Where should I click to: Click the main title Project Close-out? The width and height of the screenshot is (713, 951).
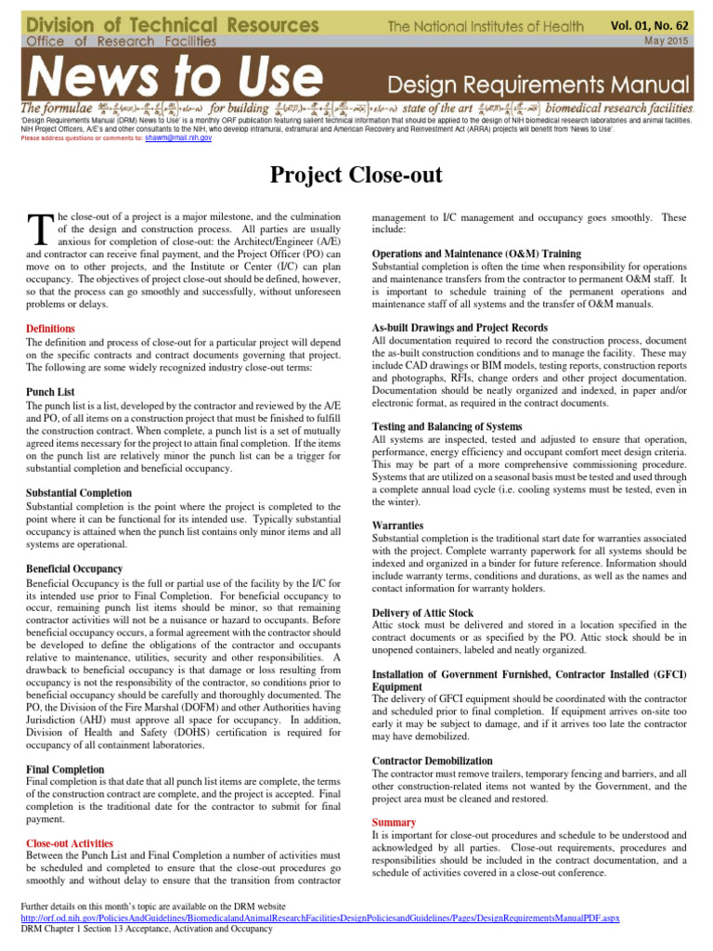click(356, 175)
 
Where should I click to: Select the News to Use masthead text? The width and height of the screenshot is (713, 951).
click(162, 75)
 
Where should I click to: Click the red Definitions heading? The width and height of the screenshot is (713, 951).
click(51, 329)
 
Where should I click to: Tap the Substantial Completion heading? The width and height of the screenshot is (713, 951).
click(79, 492)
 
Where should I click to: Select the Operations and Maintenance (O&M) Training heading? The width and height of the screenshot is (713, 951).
click(476, 254)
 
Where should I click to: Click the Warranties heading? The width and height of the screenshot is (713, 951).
click(397, 525)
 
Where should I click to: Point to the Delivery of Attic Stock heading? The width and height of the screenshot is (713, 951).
click(422, 613)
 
